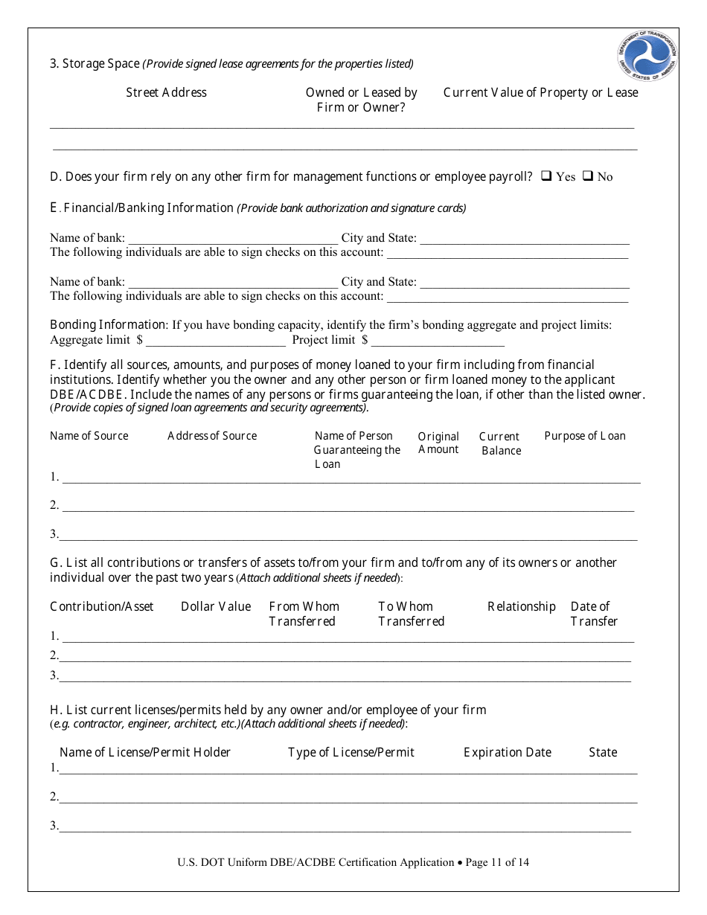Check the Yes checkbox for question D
click(x=546, y=176)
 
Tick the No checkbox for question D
click(x=587, y=176)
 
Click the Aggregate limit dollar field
click(x=216, y=341)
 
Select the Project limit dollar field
click(x=438, y=341)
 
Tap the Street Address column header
click(x=166, y=92)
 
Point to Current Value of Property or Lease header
click(x=540, y=92)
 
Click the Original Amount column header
click(x=438, y=443)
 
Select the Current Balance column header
click(x=500, y=443)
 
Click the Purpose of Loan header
click(x=584, y=436)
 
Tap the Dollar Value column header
click(x=216, y=606)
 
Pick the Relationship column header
click(x=521, y=606)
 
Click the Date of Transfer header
click(x=593, y=614)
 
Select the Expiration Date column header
click(x=507, y=752)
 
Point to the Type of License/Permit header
click(x=351, y=752)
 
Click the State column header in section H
click(x=602, y=752)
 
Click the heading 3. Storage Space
click(x=95, y=63)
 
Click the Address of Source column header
click(x=212, y=436)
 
